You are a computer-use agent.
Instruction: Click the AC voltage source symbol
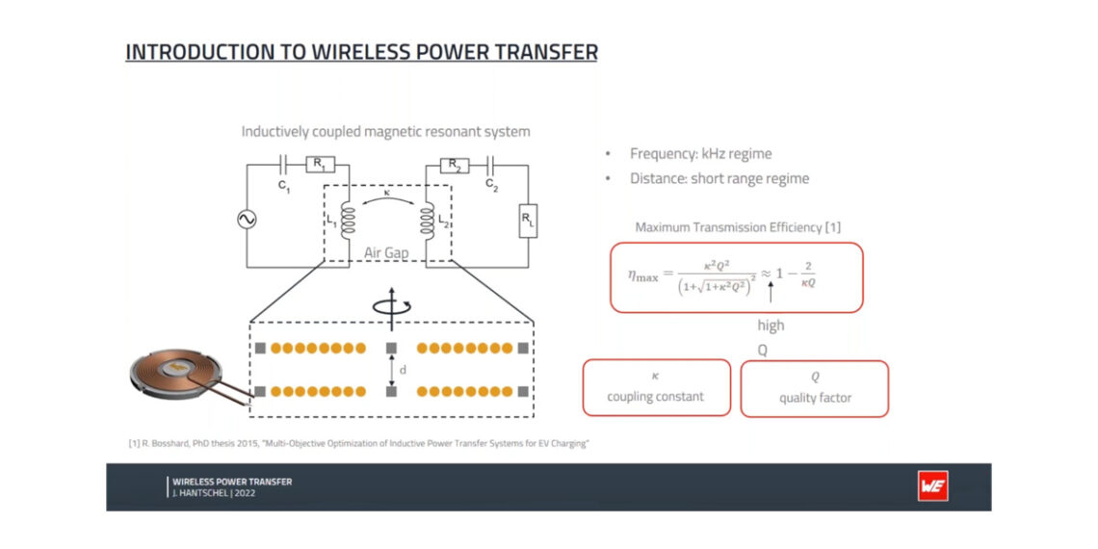(x=247, y=220)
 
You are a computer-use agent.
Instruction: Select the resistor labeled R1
(x=319, y=165)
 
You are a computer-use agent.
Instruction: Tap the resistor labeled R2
(x=454, y=165)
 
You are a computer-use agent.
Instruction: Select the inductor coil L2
(x=425, y=223)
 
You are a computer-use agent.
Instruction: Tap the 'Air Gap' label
(x=386, y=253)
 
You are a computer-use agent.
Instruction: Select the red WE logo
(x=932, y=486)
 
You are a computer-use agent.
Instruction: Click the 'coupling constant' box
(x=656, y=387)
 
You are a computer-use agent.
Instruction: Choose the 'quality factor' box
(x=814, y=388)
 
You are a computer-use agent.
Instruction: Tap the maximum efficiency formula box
(x=736, y=276)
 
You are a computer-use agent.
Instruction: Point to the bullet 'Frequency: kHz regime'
(x=700, y=153)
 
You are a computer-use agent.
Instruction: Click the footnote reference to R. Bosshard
(x=357, y=443)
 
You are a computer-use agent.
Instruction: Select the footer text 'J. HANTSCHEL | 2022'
(x=215, y=492)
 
